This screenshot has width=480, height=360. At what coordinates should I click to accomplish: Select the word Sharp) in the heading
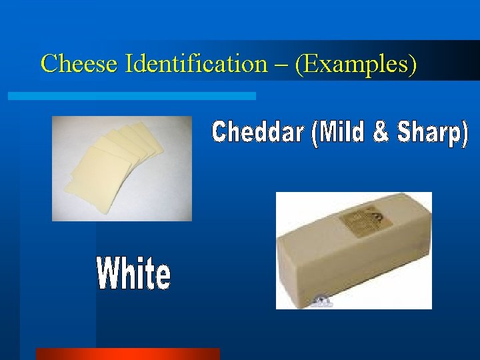click(x=433, y=133)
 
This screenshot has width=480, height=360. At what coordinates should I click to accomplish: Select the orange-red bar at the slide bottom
click(x=127, y=354)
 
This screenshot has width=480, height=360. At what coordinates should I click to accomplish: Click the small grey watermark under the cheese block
click(x=322, y=301)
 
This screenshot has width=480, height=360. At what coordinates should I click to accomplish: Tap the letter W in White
click(x=109, y=274)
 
